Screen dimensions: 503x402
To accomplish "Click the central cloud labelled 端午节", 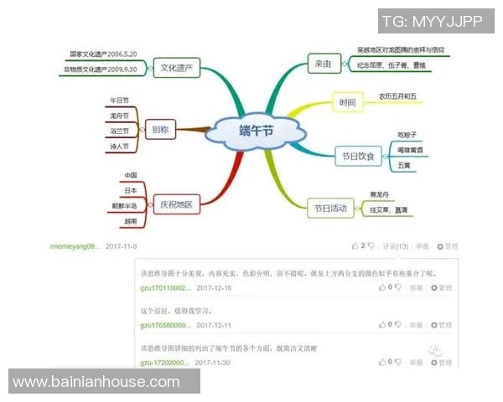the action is click(x=255, y=131).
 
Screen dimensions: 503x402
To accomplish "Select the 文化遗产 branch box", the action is click(x=177, y=67).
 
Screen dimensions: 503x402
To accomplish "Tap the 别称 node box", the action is click(x=159, y=129).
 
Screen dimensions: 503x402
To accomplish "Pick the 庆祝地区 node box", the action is click(x=176, y=204).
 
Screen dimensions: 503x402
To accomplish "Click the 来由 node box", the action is click(x=323, y=63).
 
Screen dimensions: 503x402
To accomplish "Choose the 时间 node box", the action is click(x=347, y=103).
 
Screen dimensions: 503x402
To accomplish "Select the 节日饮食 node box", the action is click(x=358, y=155).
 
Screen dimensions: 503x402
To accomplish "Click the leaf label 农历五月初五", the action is click(x=397, y=95).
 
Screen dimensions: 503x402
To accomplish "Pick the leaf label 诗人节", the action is click(x=119, y=147).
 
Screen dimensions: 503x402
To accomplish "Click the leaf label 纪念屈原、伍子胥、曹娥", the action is click(x=391, y=64).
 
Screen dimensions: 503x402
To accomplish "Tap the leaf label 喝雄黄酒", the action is click(x=410, y=150).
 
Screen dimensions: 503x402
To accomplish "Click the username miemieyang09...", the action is click(x=75, y=247).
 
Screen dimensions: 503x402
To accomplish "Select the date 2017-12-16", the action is click(x=214, y=287).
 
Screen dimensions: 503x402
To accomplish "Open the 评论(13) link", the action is click(x=396, y=246).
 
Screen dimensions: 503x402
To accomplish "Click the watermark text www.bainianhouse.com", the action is click(x=96, y=382).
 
